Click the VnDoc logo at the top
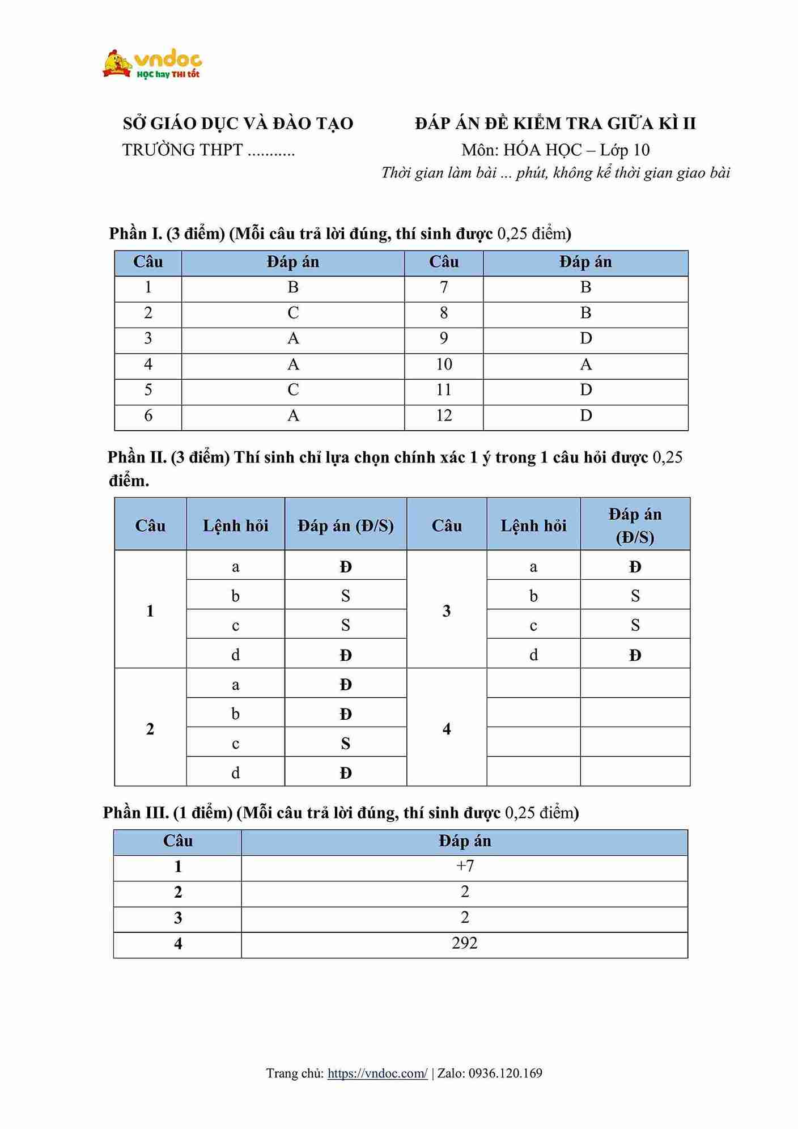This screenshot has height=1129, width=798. [152, 64]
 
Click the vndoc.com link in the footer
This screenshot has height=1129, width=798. [377, 1073]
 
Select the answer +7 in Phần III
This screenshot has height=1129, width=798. [465, 866]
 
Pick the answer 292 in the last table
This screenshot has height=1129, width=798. [465, 943]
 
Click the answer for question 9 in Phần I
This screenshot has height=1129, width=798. [585, 338]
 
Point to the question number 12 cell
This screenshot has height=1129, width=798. [444, 415]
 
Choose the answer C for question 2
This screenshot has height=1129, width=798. [293, 313]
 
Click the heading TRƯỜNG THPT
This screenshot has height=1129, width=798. [182, 150]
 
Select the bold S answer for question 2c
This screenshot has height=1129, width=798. [346, 743]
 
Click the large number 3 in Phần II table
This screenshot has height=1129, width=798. [447, 611]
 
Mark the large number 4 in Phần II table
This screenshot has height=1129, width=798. [447, 729]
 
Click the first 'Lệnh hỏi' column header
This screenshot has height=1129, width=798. [235, 526]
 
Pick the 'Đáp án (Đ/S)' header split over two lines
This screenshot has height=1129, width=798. [635, 525]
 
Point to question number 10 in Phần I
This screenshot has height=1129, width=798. [444, 364]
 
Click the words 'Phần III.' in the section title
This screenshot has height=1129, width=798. [136, 813]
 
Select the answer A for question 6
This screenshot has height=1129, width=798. [293, 415]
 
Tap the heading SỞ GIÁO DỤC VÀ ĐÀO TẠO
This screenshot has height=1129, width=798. [238, 124]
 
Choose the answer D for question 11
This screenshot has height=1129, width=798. [585, 390]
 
